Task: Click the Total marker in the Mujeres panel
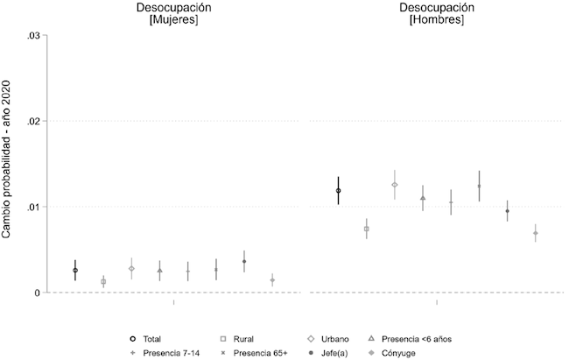[x=75, y=271]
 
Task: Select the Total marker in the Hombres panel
[x=338, y=190]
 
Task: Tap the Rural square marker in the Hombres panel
[x=367, y=229]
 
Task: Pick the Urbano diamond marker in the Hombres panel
[x=395, y=185]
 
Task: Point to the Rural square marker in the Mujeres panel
[x=103, y=281]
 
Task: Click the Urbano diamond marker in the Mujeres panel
[x=131, y=269]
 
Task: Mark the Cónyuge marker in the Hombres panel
[x=535, y=233]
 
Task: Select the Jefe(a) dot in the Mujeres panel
[x=244, y=261]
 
